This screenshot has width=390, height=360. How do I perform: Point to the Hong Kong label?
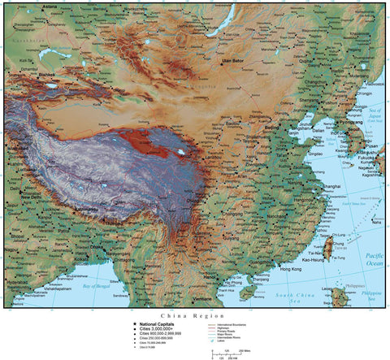(290, 268)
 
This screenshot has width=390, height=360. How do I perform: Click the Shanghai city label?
(331, 187)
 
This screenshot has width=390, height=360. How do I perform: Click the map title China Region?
(194, 314)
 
